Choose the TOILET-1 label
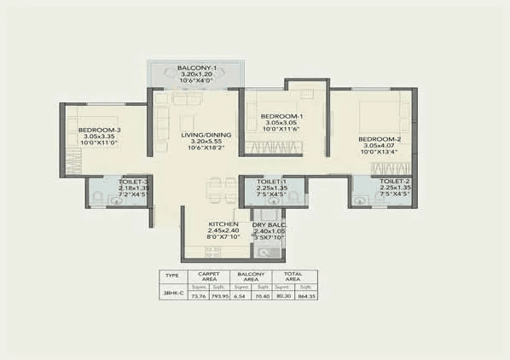click(272, 182)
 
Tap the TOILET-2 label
click(395, 182)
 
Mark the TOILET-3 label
click(133, 182)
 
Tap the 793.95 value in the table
click(221, 296)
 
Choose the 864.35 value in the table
click(306, 296)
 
